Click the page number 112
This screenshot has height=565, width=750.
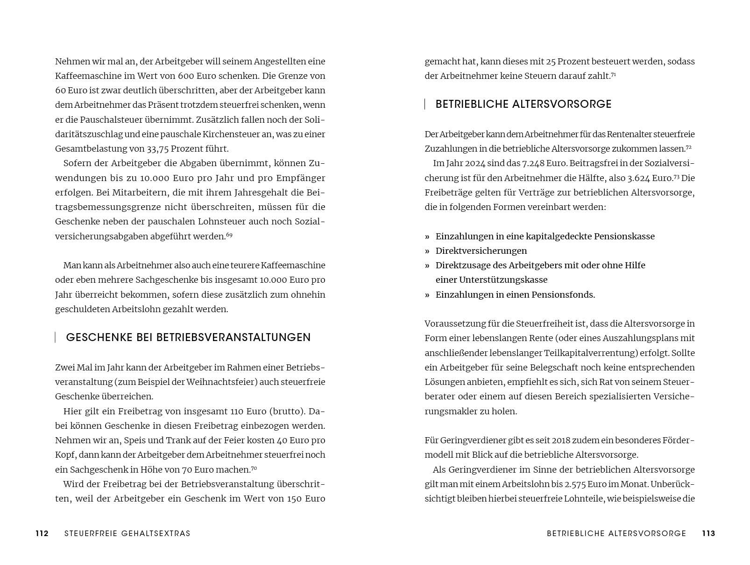[42, 533]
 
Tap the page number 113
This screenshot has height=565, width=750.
[708, 533]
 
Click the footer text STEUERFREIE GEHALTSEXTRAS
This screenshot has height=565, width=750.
[127, 533]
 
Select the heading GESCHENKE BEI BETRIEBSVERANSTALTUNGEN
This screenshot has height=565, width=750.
[188, 337]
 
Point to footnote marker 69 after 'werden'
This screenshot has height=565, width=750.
[229, 235]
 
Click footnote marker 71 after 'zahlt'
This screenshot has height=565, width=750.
[614, 74]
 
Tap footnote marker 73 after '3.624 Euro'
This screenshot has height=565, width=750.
[676, 177]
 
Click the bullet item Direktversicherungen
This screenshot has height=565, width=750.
[481, 251]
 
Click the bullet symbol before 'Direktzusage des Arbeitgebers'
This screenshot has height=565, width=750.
[427, 265]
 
